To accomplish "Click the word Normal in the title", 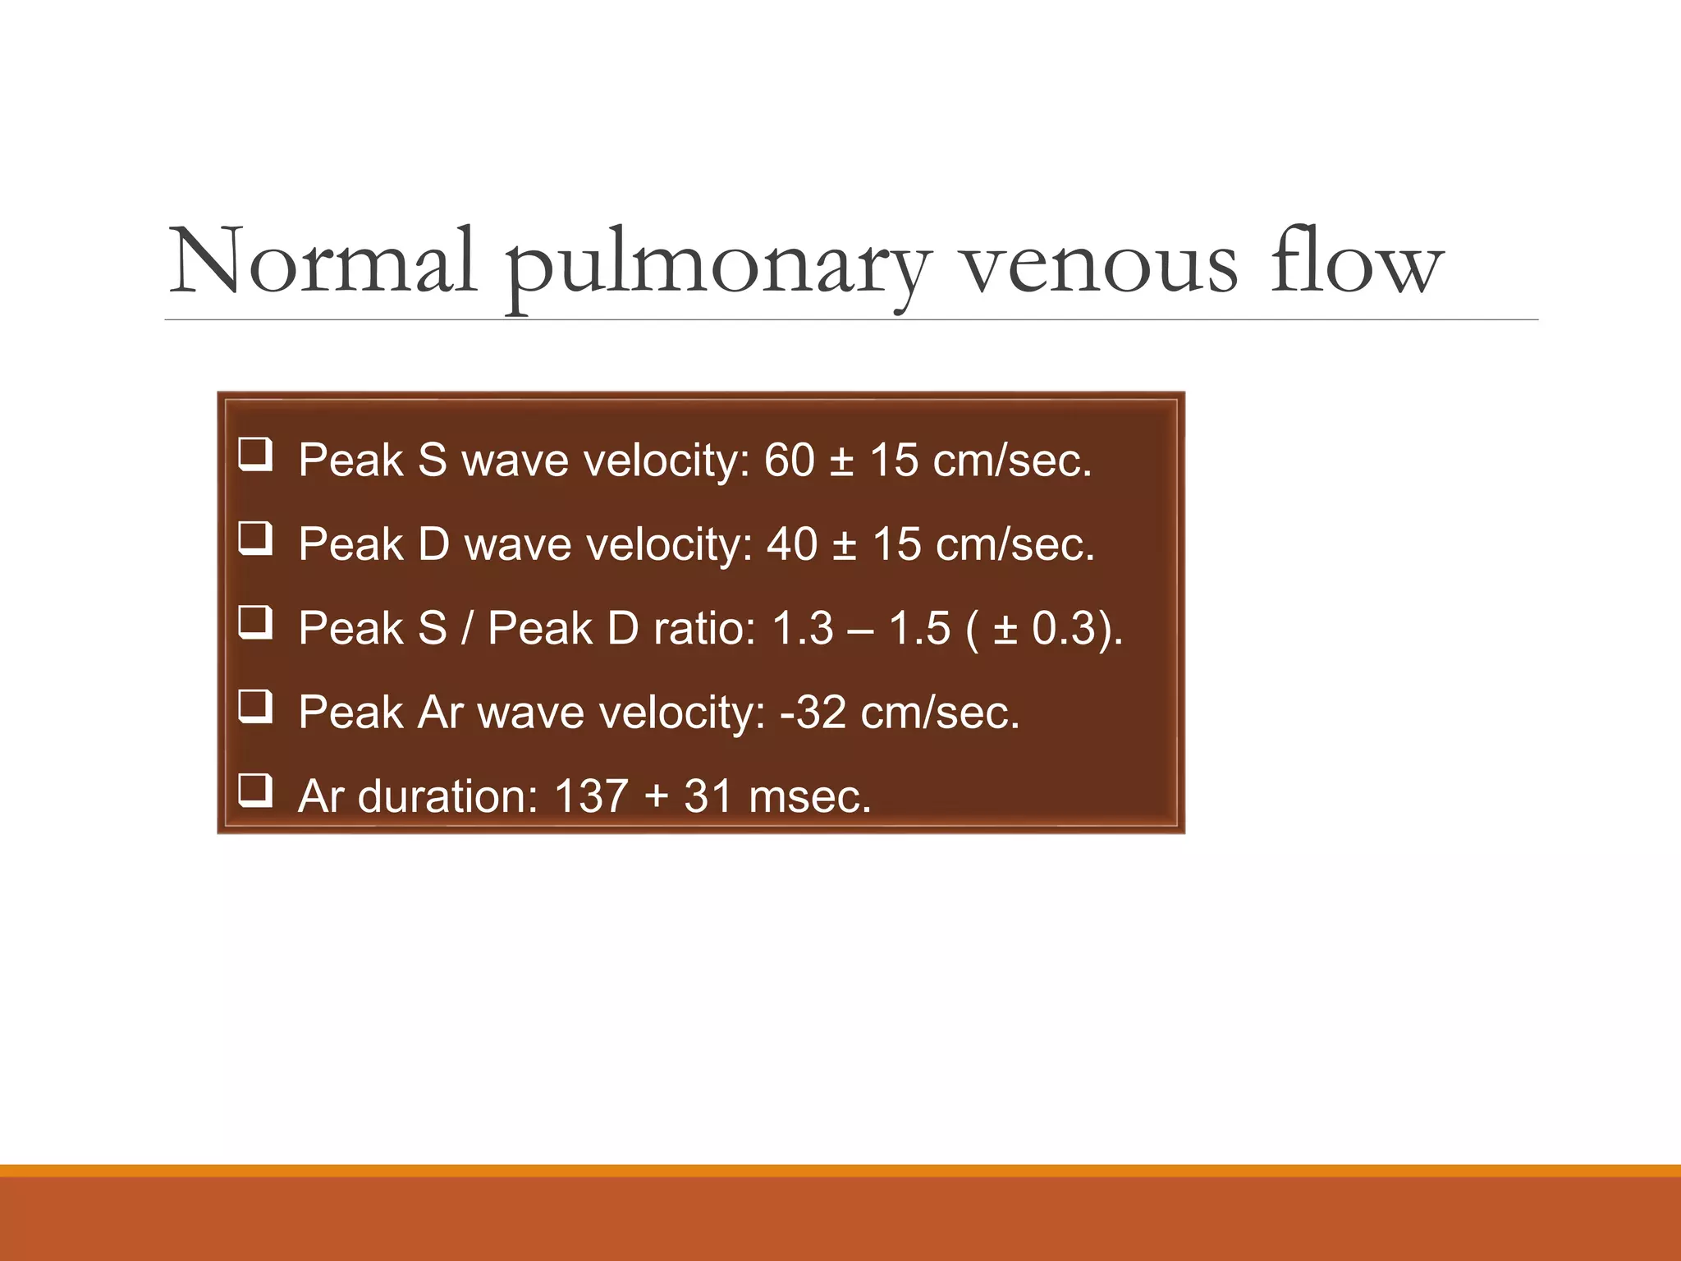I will coord(322,261).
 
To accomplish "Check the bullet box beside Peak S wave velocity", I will coord(255,454).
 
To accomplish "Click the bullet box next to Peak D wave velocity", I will coord(255,539).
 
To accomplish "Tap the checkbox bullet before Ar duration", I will coord(255,791).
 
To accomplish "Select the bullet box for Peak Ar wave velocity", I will coord(255,707).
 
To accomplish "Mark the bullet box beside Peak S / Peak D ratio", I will coord(255,622).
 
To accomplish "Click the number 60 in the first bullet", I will coord(790,460).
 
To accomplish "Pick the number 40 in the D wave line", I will coord(792,544).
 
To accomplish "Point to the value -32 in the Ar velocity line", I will coord(813,712).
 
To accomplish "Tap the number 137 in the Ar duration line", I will coord(591,796).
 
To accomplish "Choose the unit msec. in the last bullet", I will coord(809,796).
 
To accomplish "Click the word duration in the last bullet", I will coord(447,796).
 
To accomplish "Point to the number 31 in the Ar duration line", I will coord(708,796).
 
